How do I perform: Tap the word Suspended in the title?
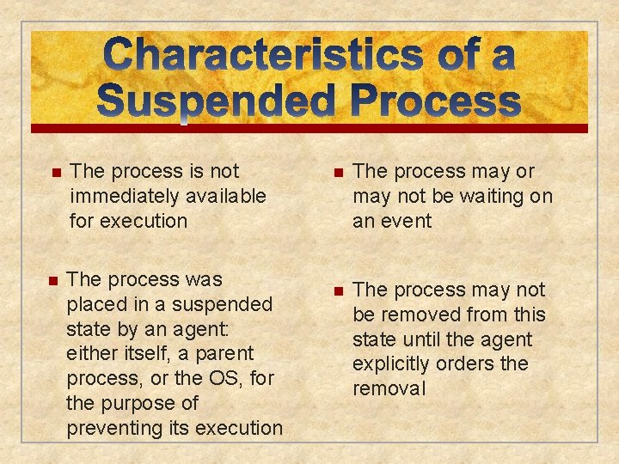coord(216,102)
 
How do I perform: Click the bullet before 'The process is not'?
coord(57,173)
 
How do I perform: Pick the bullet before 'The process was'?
coord(52,281)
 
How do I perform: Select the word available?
coord(222,196)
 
